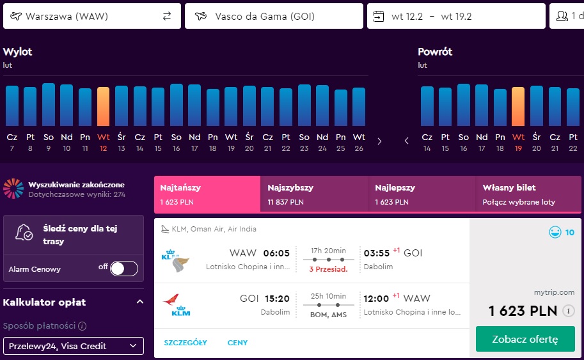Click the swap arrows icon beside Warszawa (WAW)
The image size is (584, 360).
pyautogui.click(x=167, y=16)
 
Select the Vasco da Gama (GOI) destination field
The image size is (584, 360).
pyautogui.click(x=274, y=16)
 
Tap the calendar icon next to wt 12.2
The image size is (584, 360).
pyautogui.click(x=379, y=17)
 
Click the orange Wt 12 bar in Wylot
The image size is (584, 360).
pyautogui.click(x=103, y=107)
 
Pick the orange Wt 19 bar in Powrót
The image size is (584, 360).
pyautogui.click(x=518, y=107)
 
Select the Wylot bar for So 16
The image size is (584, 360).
pyautogui.click(x=176, y=105)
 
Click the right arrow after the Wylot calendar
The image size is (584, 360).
pyautogui.click(x=379, y=141)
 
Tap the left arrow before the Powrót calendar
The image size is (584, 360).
pyautogui.click(x=406, y=141)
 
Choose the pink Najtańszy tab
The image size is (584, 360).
pyautogui.click(x=207, y=194)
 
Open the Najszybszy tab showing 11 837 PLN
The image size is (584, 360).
pyautogui.click(x=314, y=194)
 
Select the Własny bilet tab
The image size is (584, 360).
pyautogui.click(x=528, y=194)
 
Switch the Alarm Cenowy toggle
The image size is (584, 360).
pyautogui.click(x=124, y=269)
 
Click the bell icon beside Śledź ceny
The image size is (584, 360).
pyautogui.click(x=24, y=232)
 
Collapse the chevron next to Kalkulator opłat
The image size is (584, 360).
pyautogui.click(x=140, y=302)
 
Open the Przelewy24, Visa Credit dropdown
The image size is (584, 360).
pyautogui.click(x=74, y=346)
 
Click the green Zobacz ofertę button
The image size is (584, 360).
pyautogui.click(x=525, y=339)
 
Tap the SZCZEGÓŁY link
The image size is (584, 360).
pyautogui.click(x=185, y=343)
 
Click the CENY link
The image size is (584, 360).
pyautogui.click(x=237, y=343)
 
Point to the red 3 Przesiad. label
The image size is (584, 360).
pyautogui.click(x=328, y=269)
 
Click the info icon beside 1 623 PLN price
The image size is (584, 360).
pyautogui.click(x=569, y=311)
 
